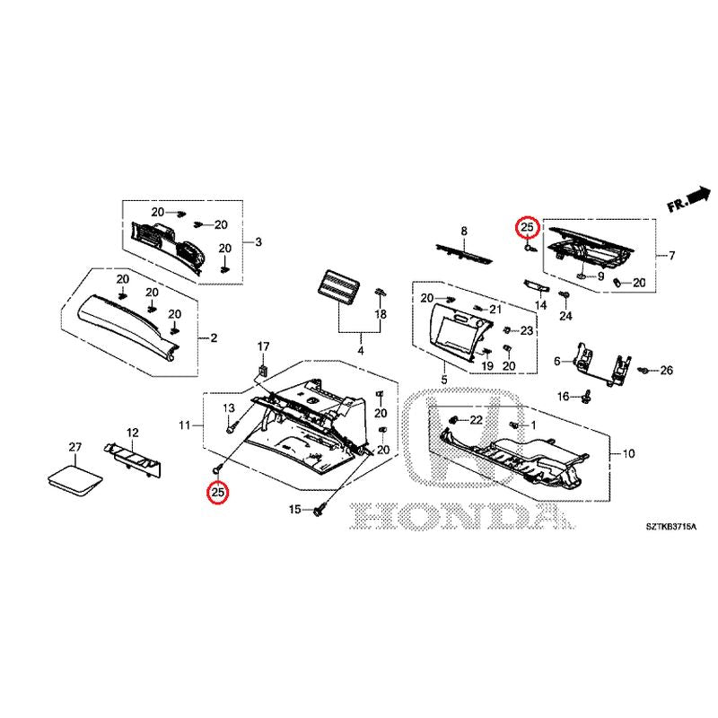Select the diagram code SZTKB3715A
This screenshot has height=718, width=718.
click(x=670, y=527)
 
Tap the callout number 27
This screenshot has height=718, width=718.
click(x=75, y=447)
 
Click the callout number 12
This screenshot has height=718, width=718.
click(x=132, y=433)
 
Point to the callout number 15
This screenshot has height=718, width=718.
click(x=295, y=509)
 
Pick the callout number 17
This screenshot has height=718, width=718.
click(x=263, y=346)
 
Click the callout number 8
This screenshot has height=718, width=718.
click(x=464, y=232)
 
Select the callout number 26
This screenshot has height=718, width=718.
click(x=666, y=370)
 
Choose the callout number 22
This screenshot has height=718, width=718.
click(x=477, y=420)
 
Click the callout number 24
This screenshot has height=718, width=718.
click(x=565, y=316)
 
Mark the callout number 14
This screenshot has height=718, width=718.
click(x=541, y=304)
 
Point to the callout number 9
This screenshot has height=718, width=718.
click(x=600, y=276)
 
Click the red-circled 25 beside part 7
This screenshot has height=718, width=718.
click(x=527, y=227)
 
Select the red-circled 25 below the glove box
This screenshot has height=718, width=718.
click(x=217, y=492)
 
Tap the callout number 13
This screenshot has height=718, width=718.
click(x=229, y=407)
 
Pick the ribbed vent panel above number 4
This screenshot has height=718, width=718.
click(x=338, y=286)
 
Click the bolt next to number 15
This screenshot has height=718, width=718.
click(x=320, y=509)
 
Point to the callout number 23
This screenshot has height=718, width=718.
click(x=527, y=330)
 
